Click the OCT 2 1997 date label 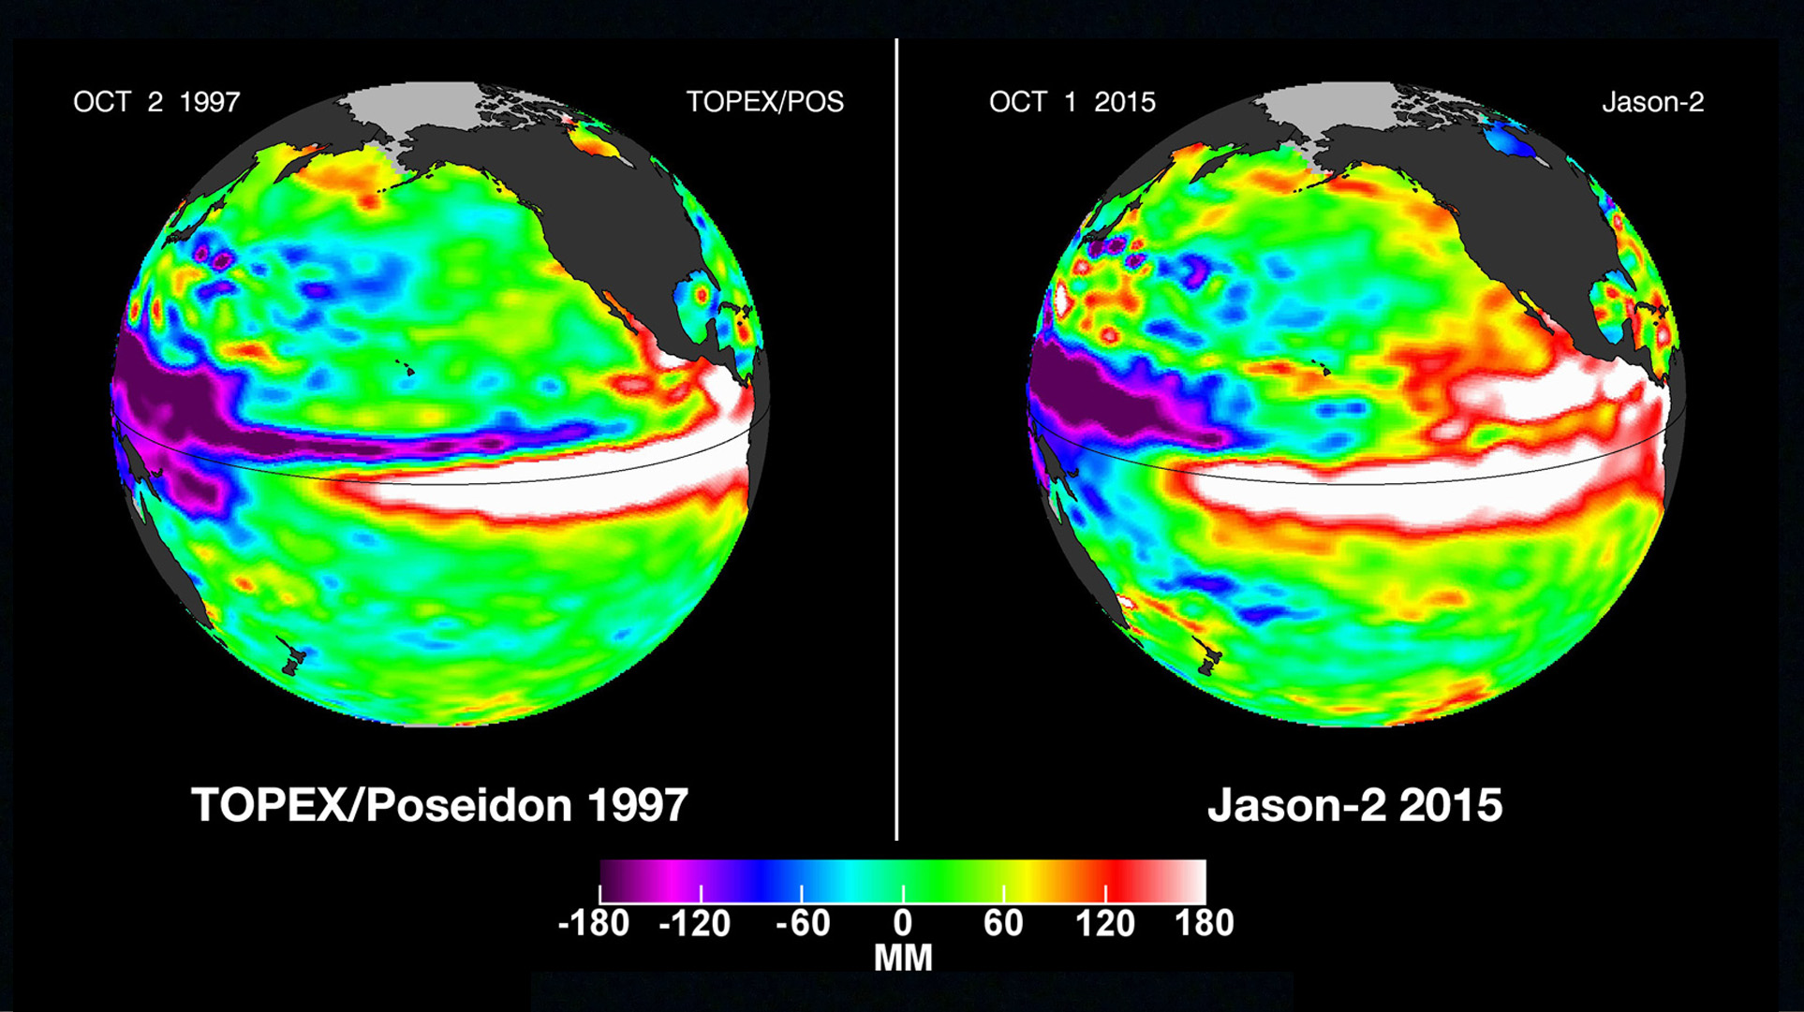pos(156,102)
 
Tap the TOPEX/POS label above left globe pos(764,102)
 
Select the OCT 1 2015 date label pos(1072,102)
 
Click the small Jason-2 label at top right pos(1652,102)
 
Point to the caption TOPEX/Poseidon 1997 pos(439,805)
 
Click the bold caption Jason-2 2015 pos(1354,805)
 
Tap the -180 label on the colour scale pos(594,924)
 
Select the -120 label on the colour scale pos(695,924)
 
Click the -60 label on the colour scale pos(803,924)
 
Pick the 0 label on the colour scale pos(902,924)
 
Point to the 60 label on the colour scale pos(1003,924)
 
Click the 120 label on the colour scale pos(1104,924)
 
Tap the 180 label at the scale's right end pos(1205,924)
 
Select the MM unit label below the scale pos(903,959)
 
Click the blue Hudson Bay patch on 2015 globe pos(1512,140)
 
